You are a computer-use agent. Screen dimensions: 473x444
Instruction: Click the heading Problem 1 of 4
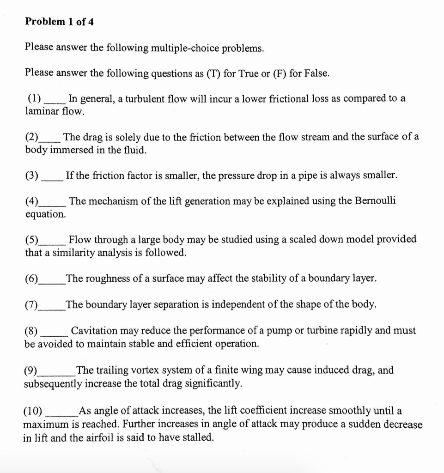coord(59,22)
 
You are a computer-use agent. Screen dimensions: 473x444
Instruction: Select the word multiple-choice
coord(185,48)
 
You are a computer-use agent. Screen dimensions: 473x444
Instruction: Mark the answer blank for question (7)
coord(51,305)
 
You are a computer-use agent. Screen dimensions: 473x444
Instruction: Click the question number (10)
coord(33,411)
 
